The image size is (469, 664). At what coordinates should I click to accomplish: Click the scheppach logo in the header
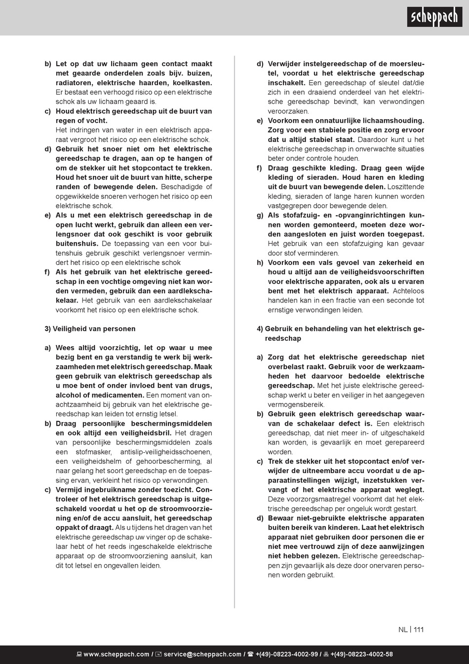pyautogui.click(x=434, y=17)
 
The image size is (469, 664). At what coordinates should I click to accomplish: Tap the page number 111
pyautogui.click(x=419, y=629)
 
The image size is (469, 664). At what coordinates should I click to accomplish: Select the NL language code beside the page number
pyautogui.click(x=403, y=629)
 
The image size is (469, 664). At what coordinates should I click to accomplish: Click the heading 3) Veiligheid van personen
pyautogui.click(x=90, y=329)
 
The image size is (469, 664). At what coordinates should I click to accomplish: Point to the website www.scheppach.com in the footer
pyautogui.click(x=116, y=654)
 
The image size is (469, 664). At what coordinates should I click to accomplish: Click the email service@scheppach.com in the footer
pyautogui.click(x=202, y=654)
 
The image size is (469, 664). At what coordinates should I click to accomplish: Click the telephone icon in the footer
pyautogui.click(x=250, y=654)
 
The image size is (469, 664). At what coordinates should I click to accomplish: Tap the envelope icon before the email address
pyautogui.click(x=158, y=654)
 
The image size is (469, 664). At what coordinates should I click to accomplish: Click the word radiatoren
pyautogui.click(x=74, y=83)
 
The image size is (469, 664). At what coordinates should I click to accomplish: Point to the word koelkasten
pyautogui.click(x=193, y=83)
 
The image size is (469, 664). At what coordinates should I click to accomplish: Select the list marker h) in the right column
pyautogui.click(x=260, y=263)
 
